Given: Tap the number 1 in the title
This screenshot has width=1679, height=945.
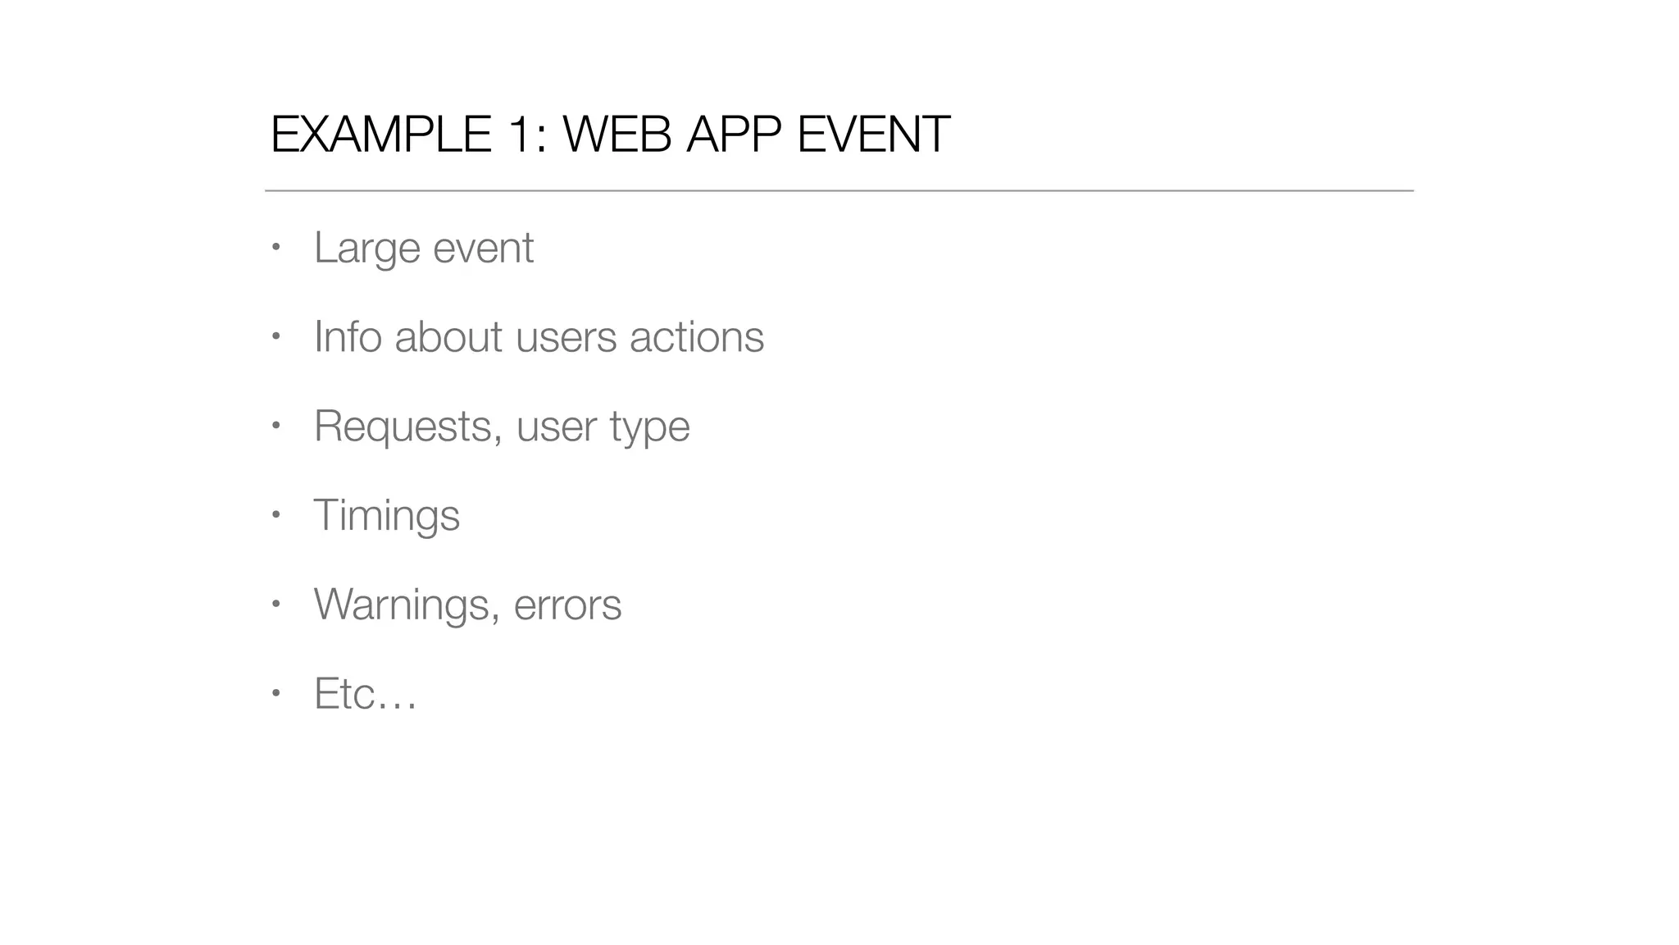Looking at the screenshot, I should click(x=519, y=135).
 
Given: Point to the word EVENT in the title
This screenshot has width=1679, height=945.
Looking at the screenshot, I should click(x=873, y=135).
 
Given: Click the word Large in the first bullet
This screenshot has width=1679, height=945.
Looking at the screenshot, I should click(x=366, y=249).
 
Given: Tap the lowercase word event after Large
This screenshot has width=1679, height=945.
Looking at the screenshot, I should click(x=483, y=249).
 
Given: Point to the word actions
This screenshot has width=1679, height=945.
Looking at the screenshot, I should click(x=697, y=337).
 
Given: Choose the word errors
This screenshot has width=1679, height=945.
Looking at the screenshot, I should click(x=567, y=605).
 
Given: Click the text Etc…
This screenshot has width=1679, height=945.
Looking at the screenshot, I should click(x=366, y=694).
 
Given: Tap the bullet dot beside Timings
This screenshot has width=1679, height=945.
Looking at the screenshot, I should click(x=276, y=515).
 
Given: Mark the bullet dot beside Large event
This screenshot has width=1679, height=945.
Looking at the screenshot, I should click(x=276, y=247).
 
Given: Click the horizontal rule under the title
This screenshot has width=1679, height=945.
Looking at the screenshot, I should click(x=839, y=190).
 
